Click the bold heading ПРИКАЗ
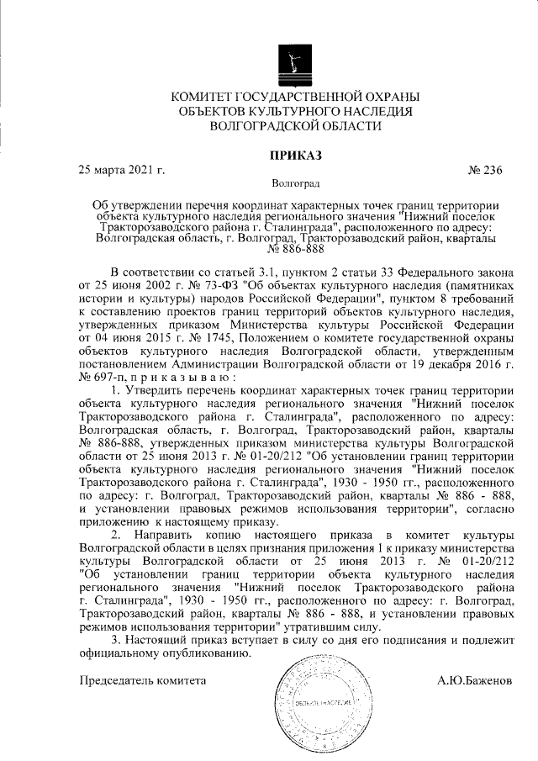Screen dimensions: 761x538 [296, 155]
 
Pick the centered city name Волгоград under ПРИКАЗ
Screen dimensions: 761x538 [296, 182]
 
